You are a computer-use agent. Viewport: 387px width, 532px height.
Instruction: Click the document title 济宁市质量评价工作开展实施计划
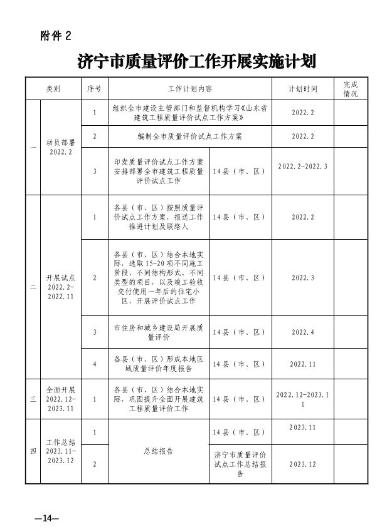(x=196, y=62)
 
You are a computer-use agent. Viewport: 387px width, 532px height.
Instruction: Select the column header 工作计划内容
(x=190, y=89)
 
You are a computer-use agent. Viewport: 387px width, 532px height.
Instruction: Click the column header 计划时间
(x=303, y=89)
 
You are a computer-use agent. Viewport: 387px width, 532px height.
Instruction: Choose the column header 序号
(x=95, y=89)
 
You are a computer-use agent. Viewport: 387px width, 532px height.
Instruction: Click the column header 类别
(x=53, y=89)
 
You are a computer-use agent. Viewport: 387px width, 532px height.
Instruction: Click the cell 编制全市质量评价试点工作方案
(x=190, y=136)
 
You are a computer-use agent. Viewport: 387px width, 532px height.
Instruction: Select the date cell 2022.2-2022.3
(x=303, y=166)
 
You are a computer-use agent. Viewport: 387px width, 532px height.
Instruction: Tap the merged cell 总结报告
(x=159, y=451)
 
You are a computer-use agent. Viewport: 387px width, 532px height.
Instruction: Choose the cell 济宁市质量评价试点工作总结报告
(x=241, y=464)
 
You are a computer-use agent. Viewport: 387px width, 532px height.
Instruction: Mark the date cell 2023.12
(x=303, y=464)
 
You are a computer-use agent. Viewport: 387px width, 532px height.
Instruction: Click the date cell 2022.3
(x=303, y=277)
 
